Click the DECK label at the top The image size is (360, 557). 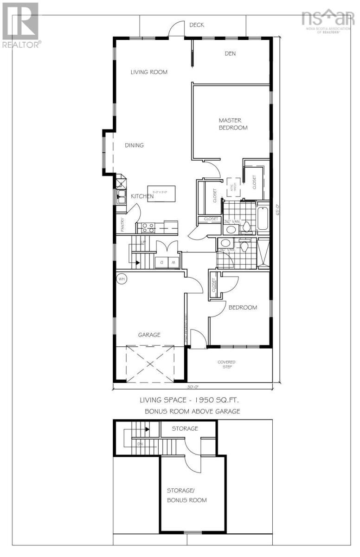[x=196, y=25]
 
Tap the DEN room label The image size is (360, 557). [x=230, y=53]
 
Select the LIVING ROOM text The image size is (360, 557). [x=148, y=72]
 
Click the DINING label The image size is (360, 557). [x=134, y=145]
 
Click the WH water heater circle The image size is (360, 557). [x=122, y=279]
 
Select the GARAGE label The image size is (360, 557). [x=149, y=334]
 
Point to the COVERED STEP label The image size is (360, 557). [x=227, y=364]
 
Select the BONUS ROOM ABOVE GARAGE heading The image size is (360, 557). [x=192, y=411]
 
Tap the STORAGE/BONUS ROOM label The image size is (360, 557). [x=186, y=495]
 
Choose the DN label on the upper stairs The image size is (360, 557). [x=140, y=444]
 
